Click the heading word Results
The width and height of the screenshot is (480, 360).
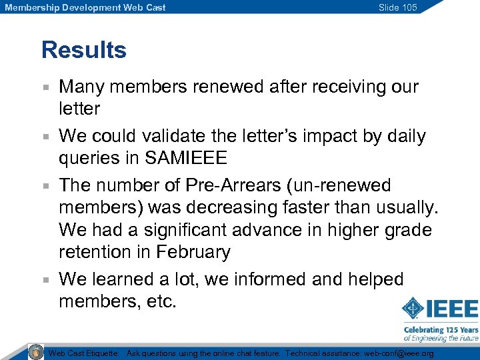tap(83, 50)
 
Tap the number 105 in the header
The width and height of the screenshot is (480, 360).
tap(409, 7)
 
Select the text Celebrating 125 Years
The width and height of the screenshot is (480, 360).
tap(441, 329)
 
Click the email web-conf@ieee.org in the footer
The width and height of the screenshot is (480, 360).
tap(399, 353)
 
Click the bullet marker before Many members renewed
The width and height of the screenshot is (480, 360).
tap(45, 87)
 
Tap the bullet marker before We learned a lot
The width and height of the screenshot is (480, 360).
tap(45, 280)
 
